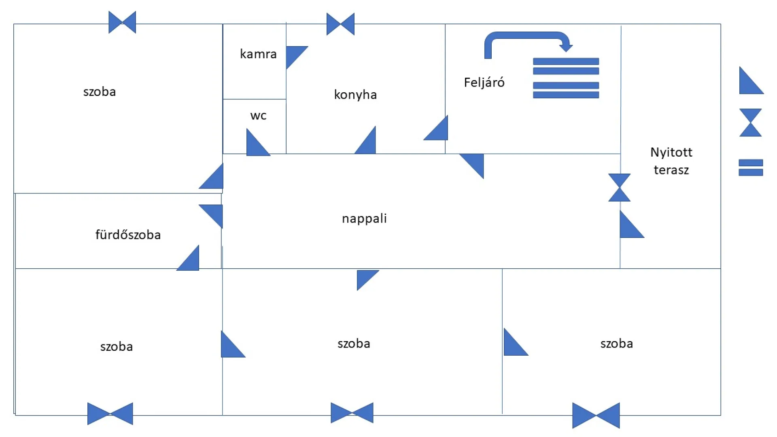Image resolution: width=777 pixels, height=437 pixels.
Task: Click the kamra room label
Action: tap(258, 54)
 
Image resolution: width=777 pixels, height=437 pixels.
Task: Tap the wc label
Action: tap(258, 116)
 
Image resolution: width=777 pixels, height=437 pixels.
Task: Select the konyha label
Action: tap(355, 95)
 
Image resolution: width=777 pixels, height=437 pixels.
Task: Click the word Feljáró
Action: tap(484, 83)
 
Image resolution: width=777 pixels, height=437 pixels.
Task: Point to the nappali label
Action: tap(364, 218)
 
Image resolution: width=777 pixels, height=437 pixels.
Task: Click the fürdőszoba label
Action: tap(128, 235)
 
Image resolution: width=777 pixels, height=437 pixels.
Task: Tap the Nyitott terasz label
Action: tap(671, 161)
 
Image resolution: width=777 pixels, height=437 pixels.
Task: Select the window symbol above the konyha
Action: tap(340, 24)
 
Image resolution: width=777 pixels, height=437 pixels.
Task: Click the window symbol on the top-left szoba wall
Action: tap(122, 22)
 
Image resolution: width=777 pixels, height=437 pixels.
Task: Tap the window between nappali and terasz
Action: tap(619, 187)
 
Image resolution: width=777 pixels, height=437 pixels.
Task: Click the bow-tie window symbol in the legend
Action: tap(750, 123)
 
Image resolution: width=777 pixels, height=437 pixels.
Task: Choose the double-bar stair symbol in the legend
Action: tap(751, 168)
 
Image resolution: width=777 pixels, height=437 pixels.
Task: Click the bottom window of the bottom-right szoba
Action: tap(596, 415)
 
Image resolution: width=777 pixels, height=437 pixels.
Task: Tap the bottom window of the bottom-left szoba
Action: tap(110, 414)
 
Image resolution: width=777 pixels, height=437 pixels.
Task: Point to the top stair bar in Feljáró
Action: tap(566, 62)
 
